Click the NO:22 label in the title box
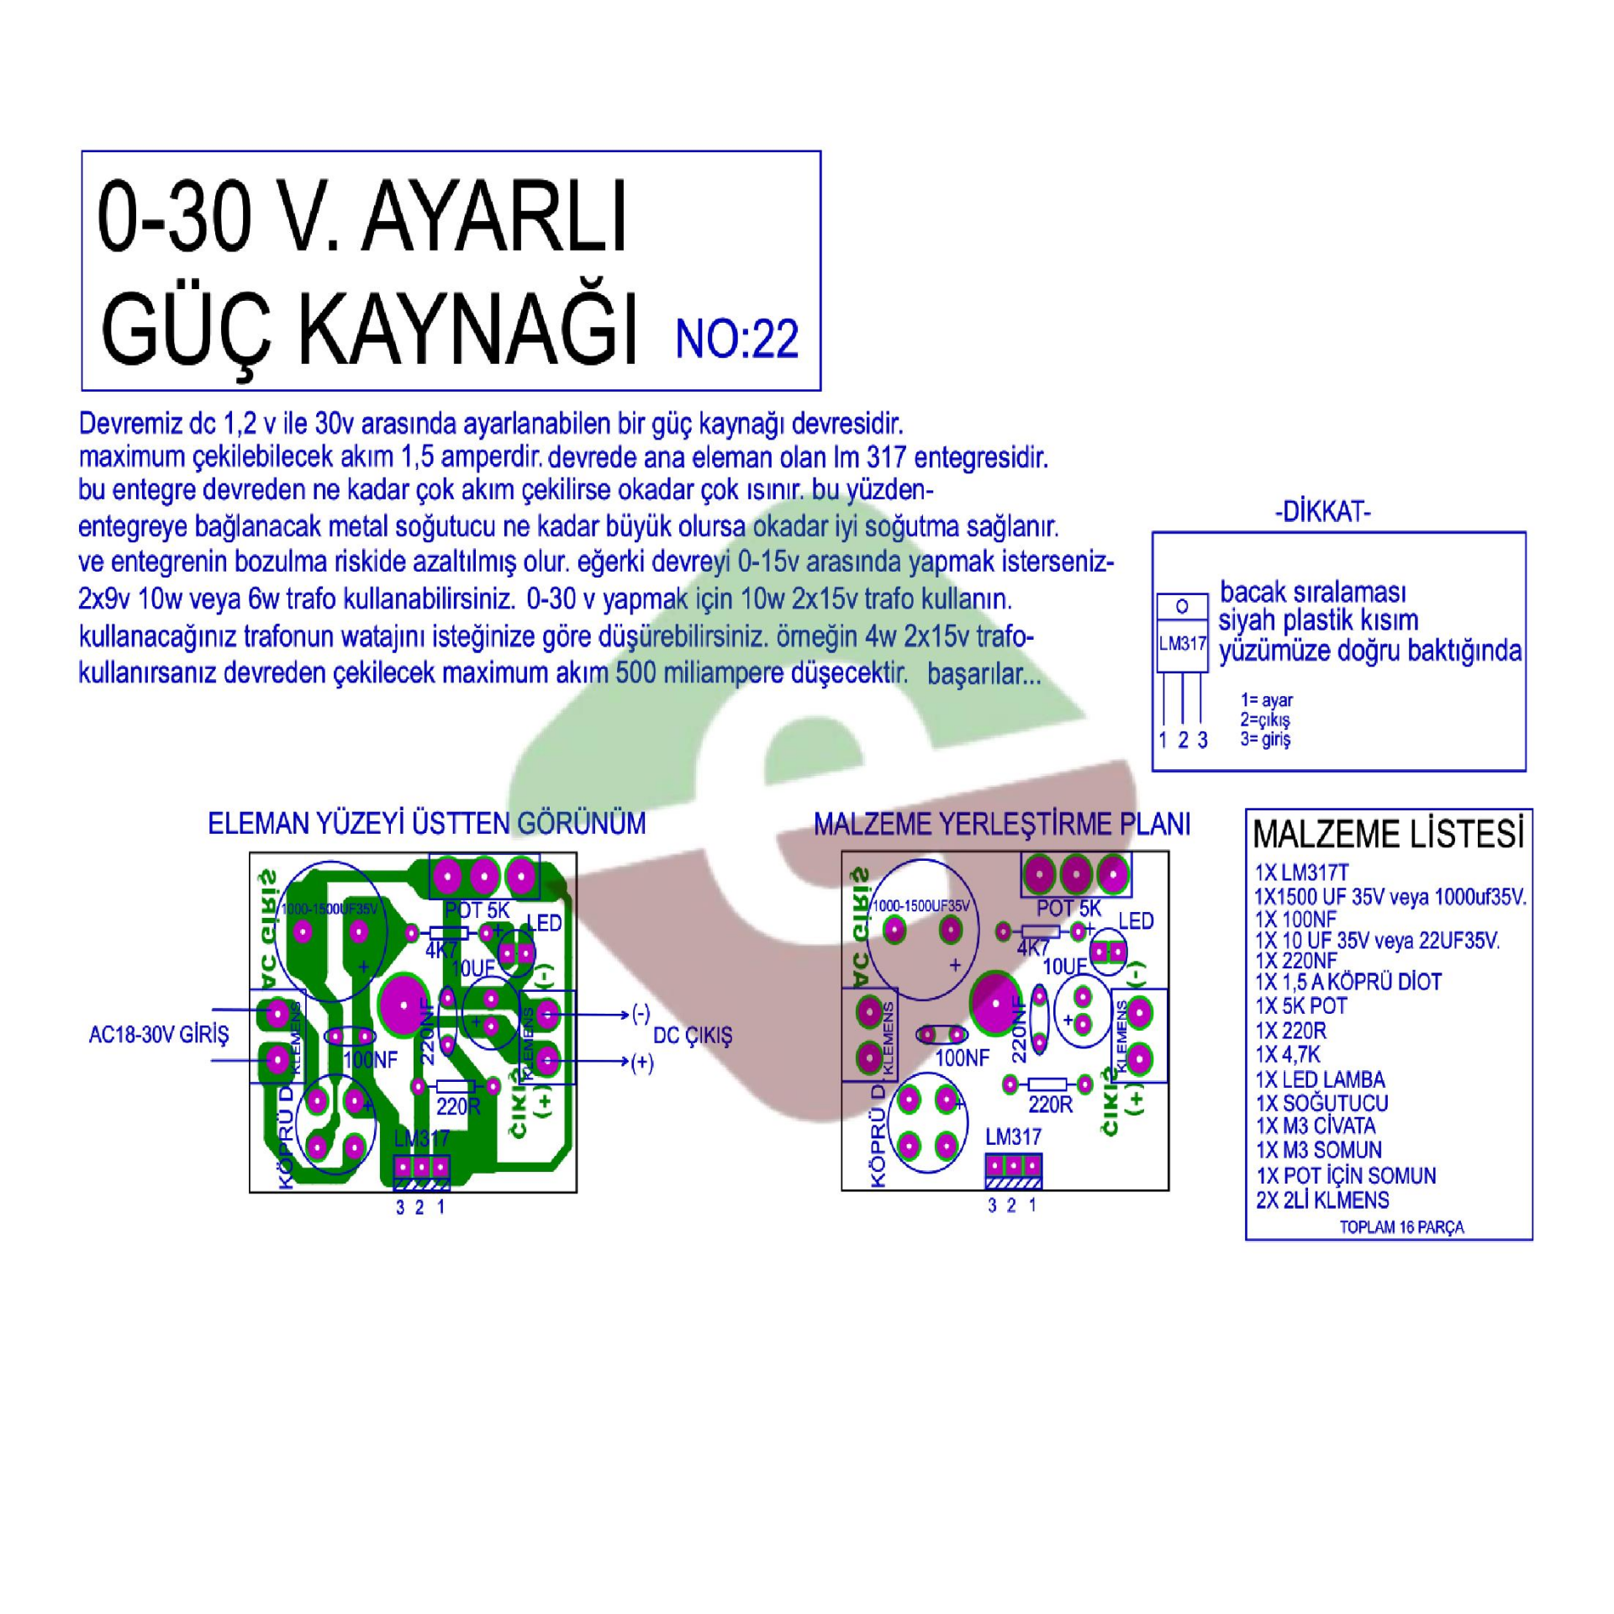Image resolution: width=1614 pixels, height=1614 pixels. tap(736, 340)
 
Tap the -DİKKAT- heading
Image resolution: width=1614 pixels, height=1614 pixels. tap(1322, 513)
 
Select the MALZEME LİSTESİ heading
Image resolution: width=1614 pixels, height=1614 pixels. tap(1389, 835)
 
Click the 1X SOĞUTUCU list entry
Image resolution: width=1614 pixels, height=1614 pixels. tap(1321, 1103)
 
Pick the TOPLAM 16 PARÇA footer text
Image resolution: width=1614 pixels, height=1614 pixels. tap(1401, 1227)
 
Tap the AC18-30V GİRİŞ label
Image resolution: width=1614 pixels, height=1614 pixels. tap(158, 1035)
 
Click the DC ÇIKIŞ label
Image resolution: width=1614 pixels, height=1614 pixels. tap(693, 1036)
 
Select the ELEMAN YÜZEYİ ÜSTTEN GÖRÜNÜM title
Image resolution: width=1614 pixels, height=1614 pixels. tap(426, 824)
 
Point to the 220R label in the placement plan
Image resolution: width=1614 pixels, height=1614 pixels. tap(1050, 1105)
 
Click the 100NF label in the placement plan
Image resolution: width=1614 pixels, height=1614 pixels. tap(962, 1058)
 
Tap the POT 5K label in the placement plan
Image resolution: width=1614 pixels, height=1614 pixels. tap(1068, 909)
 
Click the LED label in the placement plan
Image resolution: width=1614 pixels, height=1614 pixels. tap(1136, 921)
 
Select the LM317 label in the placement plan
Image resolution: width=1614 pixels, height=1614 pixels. tap(1013, 1137)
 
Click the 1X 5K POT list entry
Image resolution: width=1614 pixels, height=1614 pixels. tap(1300, 1006)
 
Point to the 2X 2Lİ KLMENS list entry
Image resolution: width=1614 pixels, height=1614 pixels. tap(1322, 1200)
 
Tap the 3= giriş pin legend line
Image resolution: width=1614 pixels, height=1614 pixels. tap(1265, 740)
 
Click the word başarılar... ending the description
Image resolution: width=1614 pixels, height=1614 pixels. tap(984, 675)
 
